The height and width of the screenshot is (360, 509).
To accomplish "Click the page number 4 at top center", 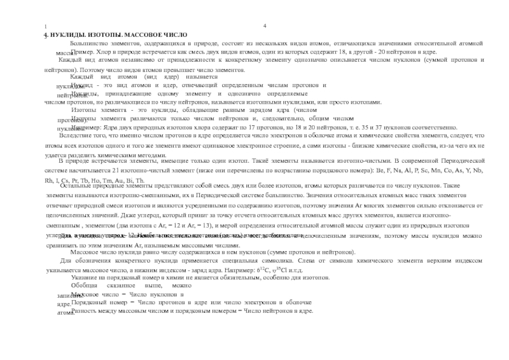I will click(263, 25).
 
